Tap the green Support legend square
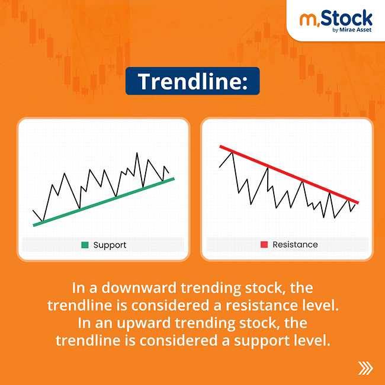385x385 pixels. point(85,245)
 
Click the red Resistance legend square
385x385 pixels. point(264,245)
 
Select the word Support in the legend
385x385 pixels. point(110,245)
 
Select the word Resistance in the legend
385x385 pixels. point(295,245)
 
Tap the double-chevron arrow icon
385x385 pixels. point(365,368)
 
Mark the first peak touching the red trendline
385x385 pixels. point(233,152)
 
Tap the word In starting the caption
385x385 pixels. point(79,288)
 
